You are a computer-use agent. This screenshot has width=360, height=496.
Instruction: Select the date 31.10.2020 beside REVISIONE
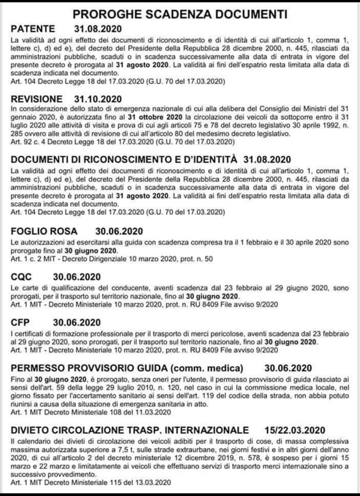point(97,99)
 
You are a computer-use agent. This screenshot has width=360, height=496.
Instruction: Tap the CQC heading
point(21,276)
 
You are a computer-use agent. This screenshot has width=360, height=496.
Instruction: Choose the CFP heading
point(21,322)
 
